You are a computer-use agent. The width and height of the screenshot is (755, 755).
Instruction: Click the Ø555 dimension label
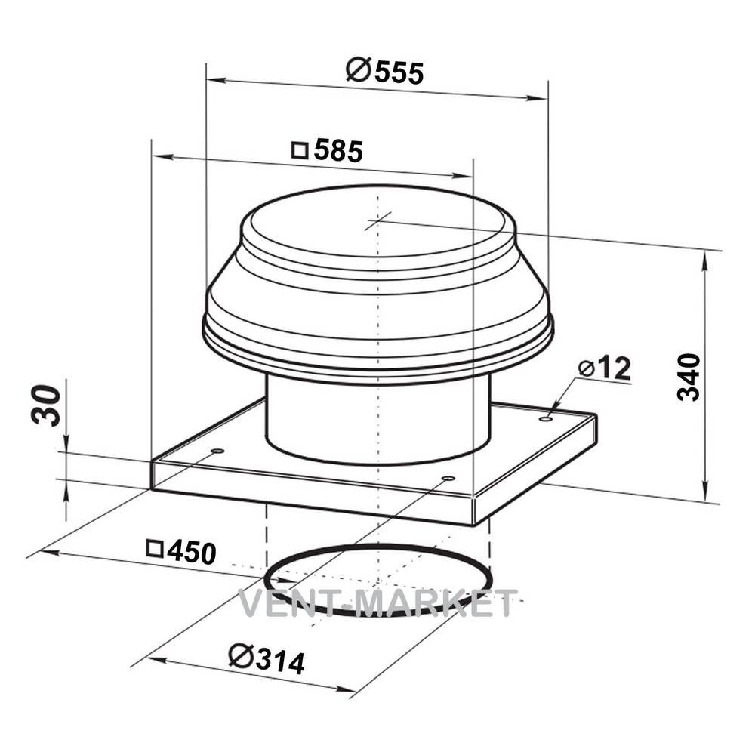tap(385, 72)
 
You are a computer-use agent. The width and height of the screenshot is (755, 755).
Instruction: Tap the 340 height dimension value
tap(689, 377)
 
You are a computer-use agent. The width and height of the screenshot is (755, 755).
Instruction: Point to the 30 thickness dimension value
tap(47, 405)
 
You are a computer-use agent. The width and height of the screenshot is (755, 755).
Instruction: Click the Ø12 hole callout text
tap(605, 368)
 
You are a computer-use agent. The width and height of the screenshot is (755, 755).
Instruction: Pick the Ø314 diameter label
tap(267, 658)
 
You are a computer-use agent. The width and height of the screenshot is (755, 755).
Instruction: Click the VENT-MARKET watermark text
tap(378, 603)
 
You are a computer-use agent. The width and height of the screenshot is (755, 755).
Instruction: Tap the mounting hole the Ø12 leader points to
tap(546, 419)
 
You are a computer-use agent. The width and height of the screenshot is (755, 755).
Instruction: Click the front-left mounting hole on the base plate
tap(217, 451)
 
